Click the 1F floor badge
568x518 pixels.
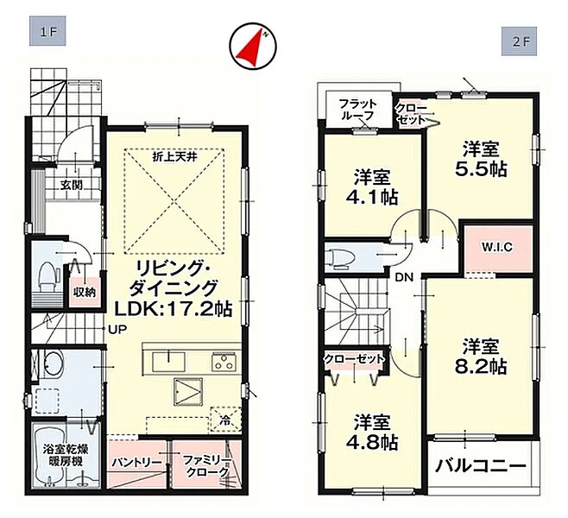47,31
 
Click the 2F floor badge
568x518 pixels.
519,41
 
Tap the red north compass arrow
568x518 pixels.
252,47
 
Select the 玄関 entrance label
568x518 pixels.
71,185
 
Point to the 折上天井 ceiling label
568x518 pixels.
174,157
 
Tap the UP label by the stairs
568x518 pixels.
118,329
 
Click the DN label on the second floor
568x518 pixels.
404,277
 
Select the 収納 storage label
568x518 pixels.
85,292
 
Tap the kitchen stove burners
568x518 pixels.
224,361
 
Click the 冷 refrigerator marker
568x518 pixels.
225,420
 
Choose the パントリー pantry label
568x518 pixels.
137,463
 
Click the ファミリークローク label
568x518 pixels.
207,466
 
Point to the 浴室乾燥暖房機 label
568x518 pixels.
66,455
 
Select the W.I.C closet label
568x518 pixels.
497,247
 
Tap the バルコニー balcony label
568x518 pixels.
481,465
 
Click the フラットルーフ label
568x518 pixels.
357,110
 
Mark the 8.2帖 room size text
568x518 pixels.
481,368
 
